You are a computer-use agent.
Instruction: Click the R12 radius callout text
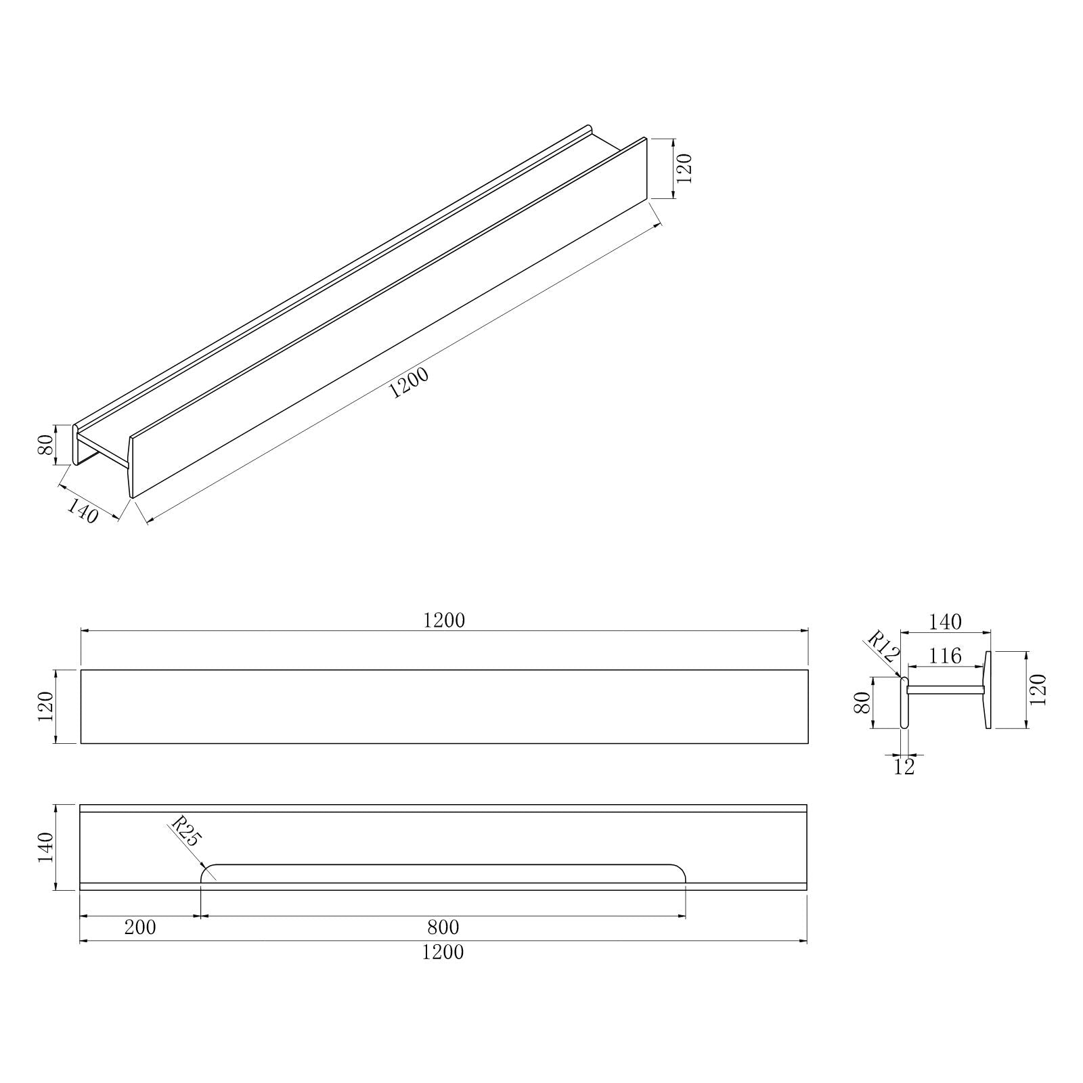[883, 647]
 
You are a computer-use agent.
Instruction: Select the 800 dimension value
[443, 927]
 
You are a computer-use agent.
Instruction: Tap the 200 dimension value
[140, 927]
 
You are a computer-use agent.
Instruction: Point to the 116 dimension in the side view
[946, 656]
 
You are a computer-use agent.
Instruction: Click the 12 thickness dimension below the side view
[904, 767]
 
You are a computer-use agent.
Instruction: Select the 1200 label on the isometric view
[409, 384]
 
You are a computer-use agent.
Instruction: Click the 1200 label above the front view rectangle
[444, 620]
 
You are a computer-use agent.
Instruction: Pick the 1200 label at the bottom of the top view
[443, 952]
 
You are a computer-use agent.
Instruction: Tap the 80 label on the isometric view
[46, 445]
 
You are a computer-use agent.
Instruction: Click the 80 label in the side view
[862, 703]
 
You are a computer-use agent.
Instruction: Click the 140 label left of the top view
[45, 847]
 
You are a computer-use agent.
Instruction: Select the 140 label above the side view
[946, 621]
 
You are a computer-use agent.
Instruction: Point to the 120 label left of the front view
[46, 707]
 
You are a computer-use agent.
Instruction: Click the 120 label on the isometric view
[684, 169]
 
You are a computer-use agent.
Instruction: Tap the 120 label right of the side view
[1040, 690]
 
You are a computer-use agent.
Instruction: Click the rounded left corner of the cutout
[206, 871]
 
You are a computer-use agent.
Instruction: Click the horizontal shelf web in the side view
[945, 690]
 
